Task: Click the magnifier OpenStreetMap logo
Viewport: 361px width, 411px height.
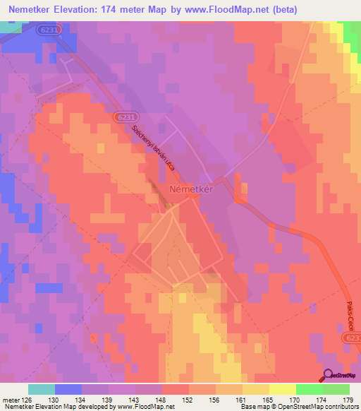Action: pos(329,374)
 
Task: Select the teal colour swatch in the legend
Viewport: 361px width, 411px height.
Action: pos(42,389)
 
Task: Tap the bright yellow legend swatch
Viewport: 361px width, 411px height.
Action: pos(283,389)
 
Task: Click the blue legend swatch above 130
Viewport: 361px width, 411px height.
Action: pos(68,389)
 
